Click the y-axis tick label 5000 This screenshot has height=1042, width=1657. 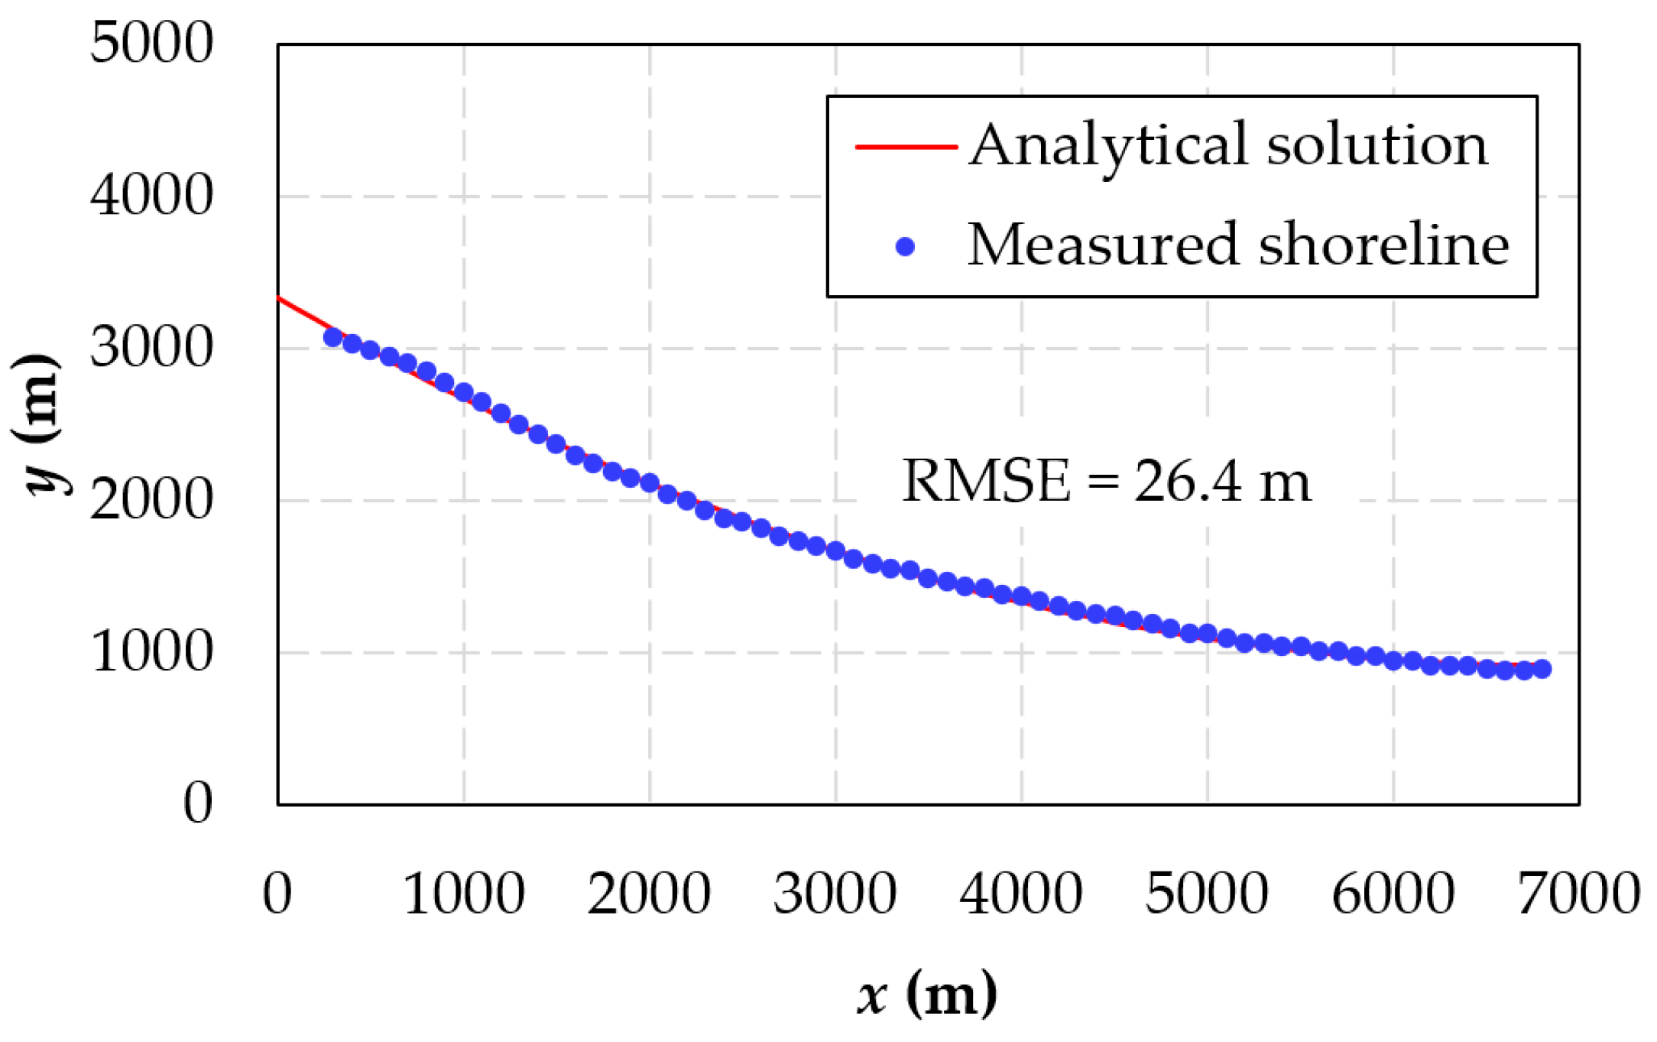(151, 43)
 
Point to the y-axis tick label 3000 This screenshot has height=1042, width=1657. (151, 348)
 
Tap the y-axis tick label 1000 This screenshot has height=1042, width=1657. (151, 652)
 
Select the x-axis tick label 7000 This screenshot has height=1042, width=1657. (1578, 893)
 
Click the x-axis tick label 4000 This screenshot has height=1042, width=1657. (1021, 893)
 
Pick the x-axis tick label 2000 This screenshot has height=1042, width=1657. (649, 893)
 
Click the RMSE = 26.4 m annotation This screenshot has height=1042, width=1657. (1106, 481)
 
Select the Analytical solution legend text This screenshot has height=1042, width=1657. (1228, 144)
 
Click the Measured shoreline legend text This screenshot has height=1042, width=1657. (1238, 245)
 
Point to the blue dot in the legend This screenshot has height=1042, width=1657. (905, 246)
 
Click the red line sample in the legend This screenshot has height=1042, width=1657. (906, 146)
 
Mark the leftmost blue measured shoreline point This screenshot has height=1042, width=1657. (332, 337)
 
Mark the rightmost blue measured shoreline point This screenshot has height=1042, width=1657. (1542, 669)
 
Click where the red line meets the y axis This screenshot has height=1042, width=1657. (279, 298)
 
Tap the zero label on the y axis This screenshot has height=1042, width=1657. (197, 803)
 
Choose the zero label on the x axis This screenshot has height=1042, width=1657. (277, 893)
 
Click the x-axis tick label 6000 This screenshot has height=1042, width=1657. (1393, 893)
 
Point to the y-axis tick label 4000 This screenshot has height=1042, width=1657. (151, 196)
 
